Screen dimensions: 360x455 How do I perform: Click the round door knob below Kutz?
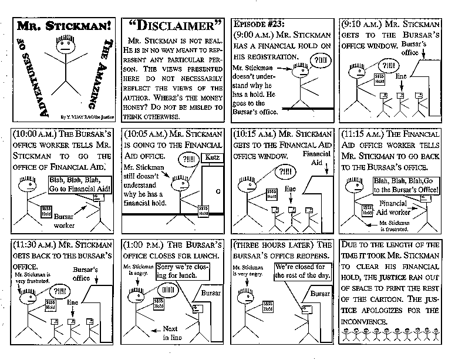tap(218, 191)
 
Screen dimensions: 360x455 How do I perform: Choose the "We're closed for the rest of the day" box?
tap(303, 271)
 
